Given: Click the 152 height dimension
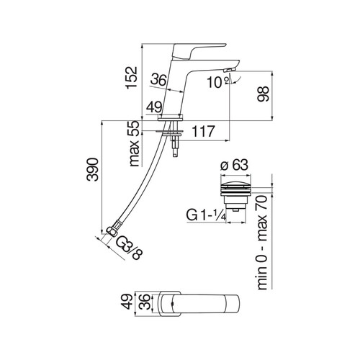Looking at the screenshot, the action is [132, 77].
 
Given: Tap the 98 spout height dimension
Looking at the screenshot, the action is [263, 94].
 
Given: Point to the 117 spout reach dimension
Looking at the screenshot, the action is [203, 131].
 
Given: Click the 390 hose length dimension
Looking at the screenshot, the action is [93, 169].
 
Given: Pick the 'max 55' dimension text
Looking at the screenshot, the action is [134, 143].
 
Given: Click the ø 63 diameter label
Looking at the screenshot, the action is [235, 165].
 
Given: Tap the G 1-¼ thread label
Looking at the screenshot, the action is [206, 215].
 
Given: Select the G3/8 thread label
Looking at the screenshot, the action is [130, 248].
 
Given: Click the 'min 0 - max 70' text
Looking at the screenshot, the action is [262, 243].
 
